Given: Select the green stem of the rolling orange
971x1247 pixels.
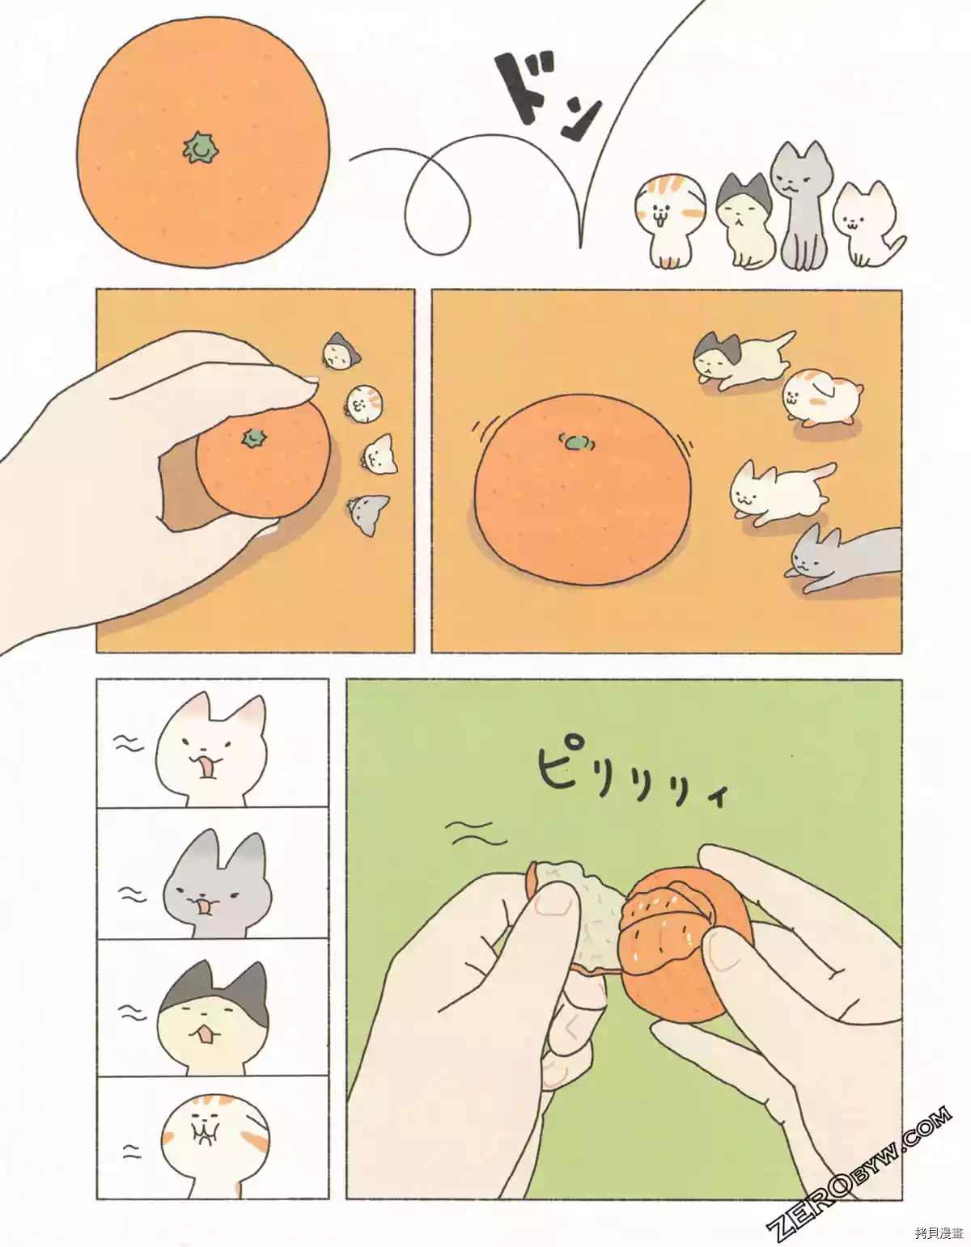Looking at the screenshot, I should [576, 442].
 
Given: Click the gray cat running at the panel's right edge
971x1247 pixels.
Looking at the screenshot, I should [842, 558].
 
